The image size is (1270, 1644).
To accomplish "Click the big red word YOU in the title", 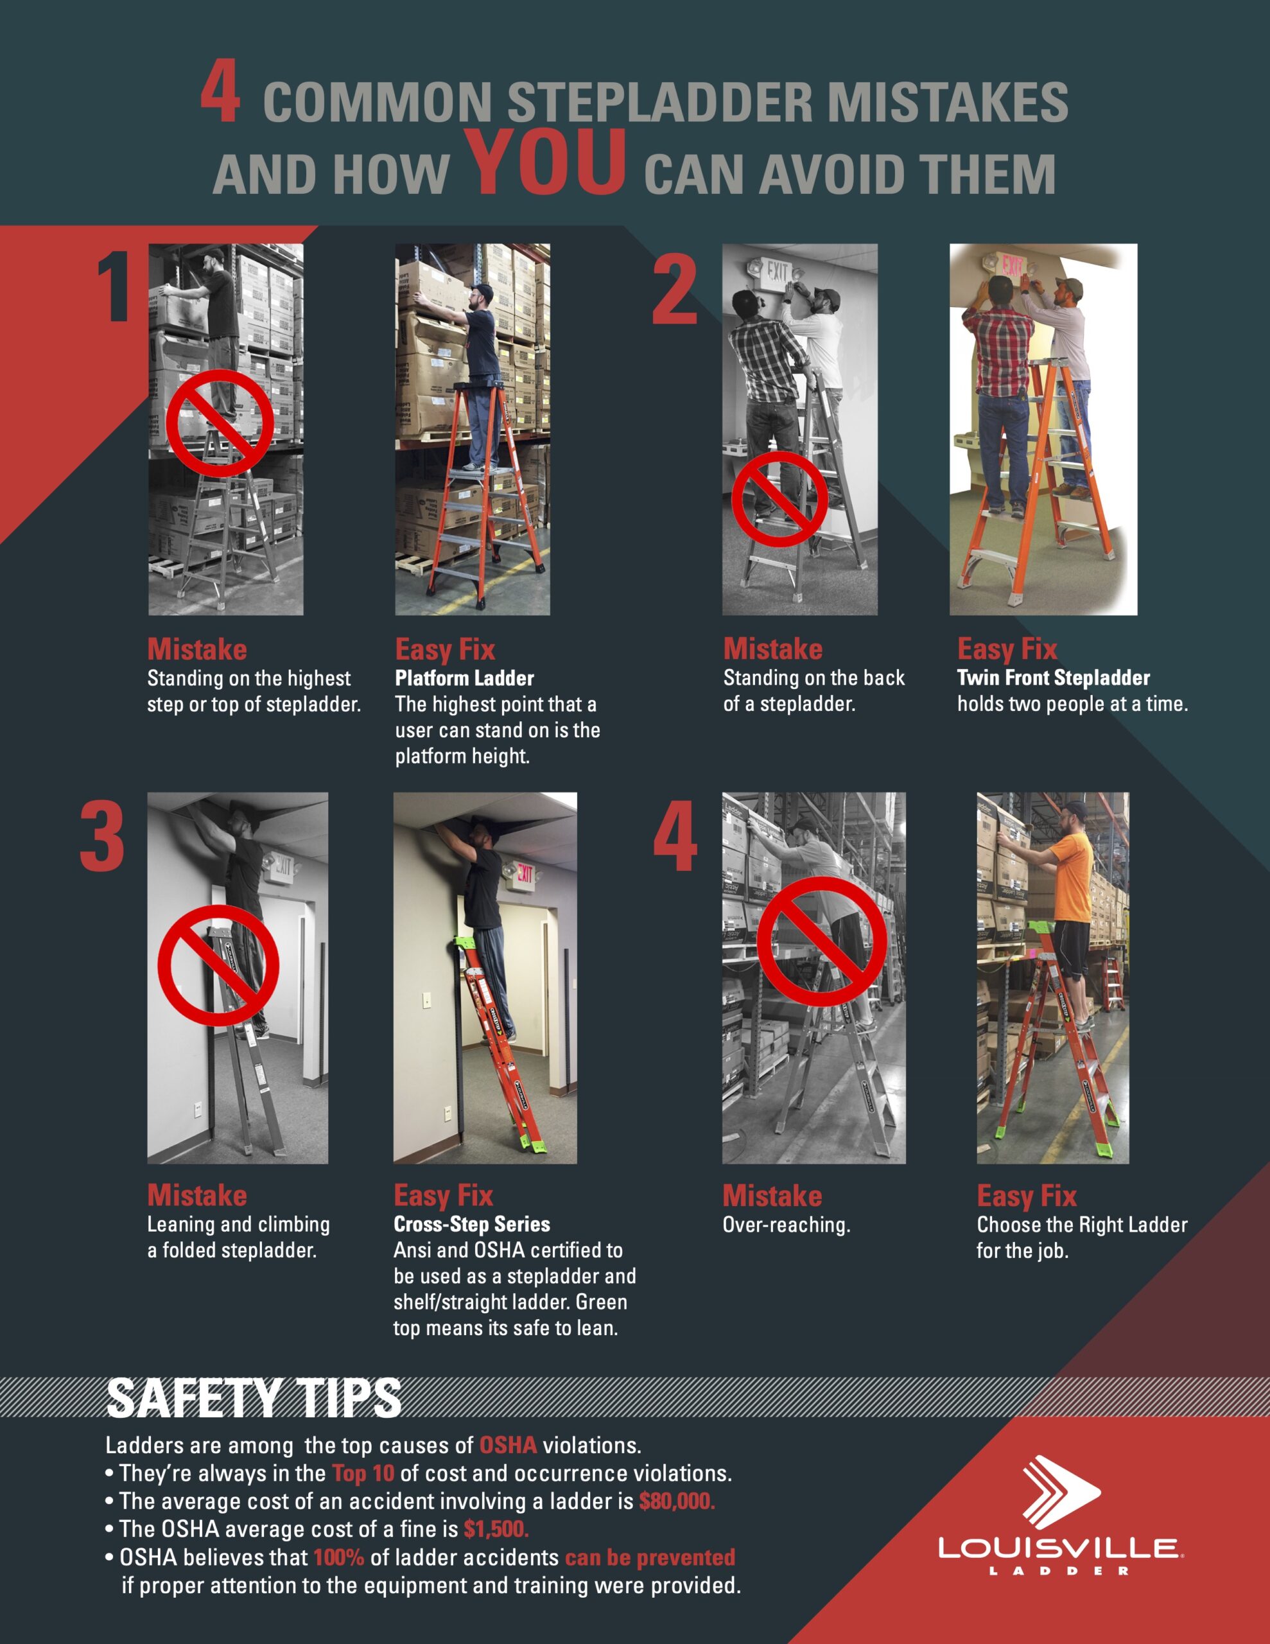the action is (545, 161).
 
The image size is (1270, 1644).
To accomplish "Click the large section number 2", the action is (675, 290).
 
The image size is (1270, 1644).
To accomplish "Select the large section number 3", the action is (102, 836).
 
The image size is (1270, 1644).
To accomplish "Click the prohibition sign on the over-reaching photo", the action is (821, 941).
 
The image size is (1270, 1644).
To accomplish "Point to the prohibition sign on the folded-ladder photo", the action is (218, 966).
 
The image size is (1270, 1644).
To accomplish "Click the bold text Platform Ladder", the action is (464, 678).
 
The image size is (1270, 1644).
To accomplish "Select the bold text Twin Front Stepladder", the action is (1053, 678).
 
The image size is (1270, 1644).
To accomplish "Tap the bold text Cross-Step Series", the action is (471, 1224).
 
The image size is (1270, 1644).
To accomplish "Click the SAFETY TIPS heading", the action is (254, 1398).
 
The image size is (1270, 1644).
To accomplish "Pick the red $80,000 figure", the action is (677, 1501).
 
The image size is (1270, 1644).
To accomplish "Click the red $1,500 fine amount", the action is (496, 1529).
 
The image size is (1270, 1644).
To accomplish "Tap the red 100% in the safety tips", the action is (339, 1557).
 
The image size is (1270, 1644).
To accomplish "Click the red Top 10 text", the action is (363, 1473).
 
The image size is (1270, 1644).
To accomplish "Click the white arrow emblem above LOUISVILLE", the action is (1061, 1490).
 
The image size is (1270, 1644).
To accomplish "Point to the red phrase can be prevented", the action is (650, 1557).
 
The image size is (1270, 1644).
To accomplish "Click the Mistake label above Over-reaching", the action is (772, 1195).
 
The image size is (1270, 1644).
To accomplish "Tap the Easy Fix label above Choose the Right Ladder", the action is (1027, 1195).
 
